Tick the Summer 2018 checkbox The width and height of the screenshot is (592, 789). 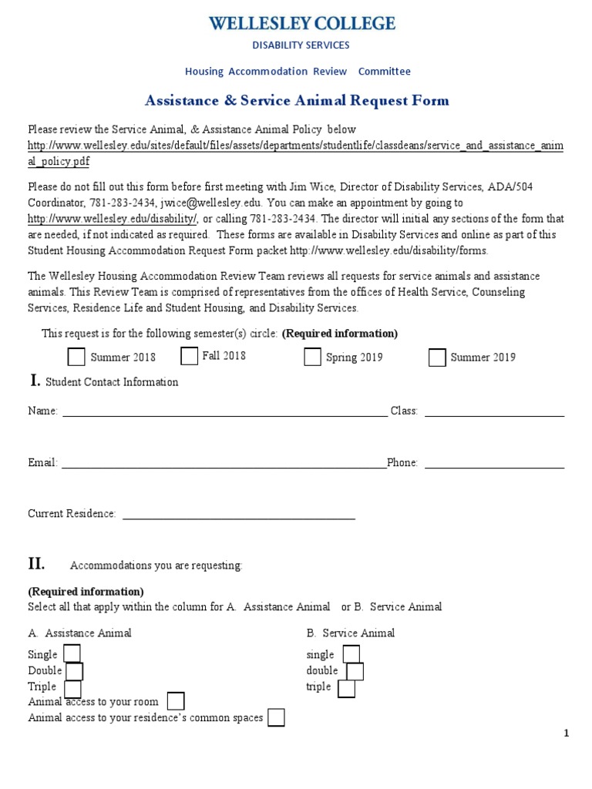tap(76, 357)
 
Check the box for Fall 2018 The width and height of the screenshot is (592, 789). tap(189, 355)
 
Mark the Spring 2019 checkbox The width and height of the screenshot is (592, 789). tap(312, 357)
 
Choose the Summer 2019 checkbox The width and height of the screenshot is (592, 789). tap(437, 357)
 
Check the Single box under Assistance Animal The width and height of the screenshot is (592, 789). tap(72, 654)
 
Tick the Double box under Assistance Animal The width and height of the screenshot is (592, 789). tap(75, 671)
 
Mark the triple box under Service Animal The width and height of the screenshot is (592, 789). tap(346, 688)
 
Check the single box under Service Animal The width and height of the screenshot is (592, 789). tap(351, 654)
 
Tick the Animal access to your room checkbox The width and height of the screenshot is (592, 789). tap(176, 701)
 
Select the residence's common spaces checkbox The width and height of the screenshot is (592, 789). tap(276, 717)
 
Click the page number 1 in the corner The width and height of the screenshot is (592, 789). tap(567, 734)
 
